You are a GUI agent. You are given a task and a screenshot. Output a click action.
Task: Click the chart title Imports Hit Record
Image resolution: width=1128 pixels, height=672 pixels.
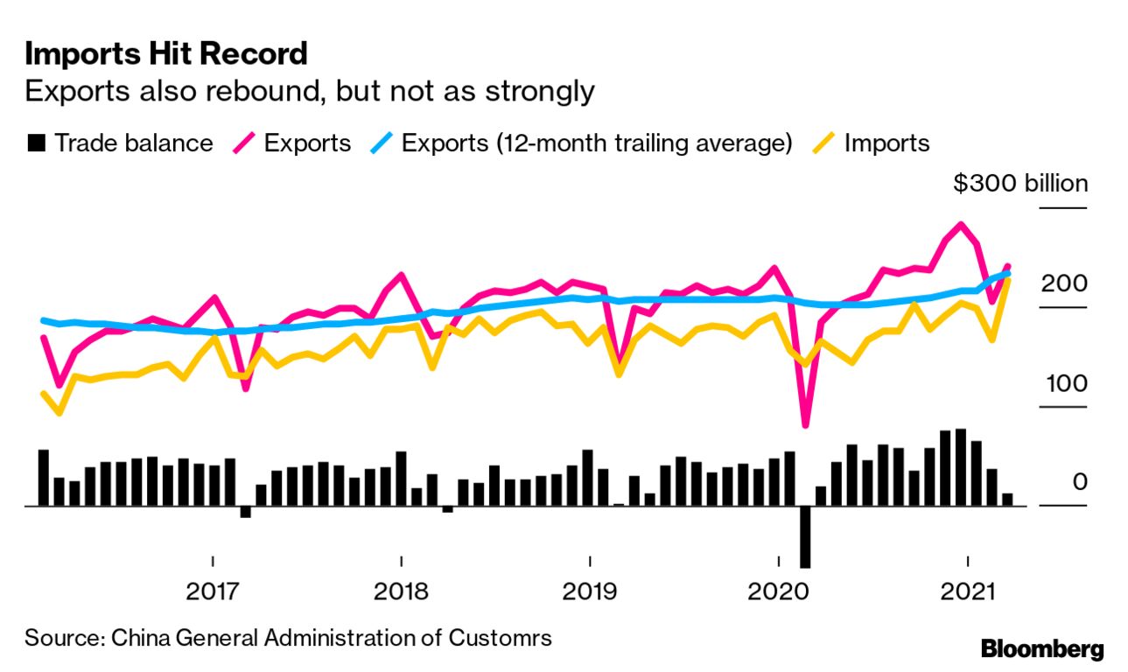(166, 54)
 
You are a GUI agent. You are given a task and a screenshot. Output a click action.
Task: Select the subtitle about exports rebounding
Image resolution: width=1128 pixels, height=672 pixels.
(310, 90)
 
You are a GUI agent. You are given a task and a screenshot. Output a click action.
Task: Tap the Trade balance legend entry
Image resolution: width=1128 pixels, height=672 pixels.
(121, 143)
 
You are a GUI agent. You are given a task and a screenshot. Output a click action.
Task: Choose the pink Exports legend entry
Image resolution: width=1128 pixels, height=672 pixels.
(295, 143)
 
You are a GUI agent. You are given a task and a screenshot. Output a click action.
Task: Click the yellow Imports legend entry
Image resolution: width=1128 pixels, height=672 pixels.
(875, 143)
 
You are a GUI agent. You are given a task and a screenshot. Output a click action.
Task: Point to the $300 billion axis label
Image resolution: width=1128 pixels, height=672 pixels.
(1020, 184)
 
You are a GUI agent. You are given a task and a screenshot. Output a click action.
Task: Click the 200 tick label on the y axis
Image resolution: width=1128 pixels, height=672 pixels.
(1064, 283)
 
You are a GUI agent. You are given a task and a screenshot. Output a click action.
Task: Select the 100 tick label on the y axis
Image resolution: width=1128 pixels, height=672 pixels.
(1064, 383)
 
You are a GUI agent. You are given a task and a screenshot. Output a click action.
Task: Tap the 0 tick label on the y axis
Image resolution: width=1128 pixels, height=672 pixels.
(1079, 482)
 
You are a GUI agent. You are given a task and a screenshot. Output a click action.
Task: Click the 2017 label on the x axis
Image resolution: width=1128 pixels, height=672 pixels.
(213, 591)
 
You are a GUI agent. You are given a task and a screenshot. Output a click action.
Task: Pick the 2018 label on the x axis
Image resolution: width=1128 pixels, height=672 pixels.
(401, 591)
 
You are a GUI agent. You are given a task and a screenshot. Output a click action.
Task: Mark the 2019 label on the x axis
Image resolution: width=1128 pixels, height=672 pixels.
(590, 591)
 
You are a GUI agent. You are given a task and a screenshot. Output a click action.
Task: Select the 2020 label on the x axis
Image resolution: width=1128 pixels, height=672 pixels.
(778, 591)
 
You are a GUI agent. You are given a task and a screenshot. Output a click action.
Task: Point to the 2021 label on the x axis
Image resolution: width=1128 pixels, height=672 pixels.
(967, 591)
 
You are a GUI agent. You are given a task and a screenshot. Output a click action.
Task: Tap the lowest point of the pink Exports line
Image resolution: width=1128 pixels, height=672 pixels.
(805, 425)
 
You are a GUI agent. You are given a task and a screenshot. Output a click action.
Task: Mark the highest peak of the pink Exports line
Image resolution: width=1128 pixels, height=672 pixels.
(961, 225)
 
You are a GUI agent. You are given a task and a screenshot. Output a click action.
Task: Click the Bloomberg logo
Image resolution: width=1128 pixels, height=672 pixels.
(1042, 649)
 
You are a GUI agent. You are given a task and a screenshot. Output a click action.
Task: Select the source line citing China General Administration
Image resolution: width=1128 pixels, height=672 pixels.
(288, 637)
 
